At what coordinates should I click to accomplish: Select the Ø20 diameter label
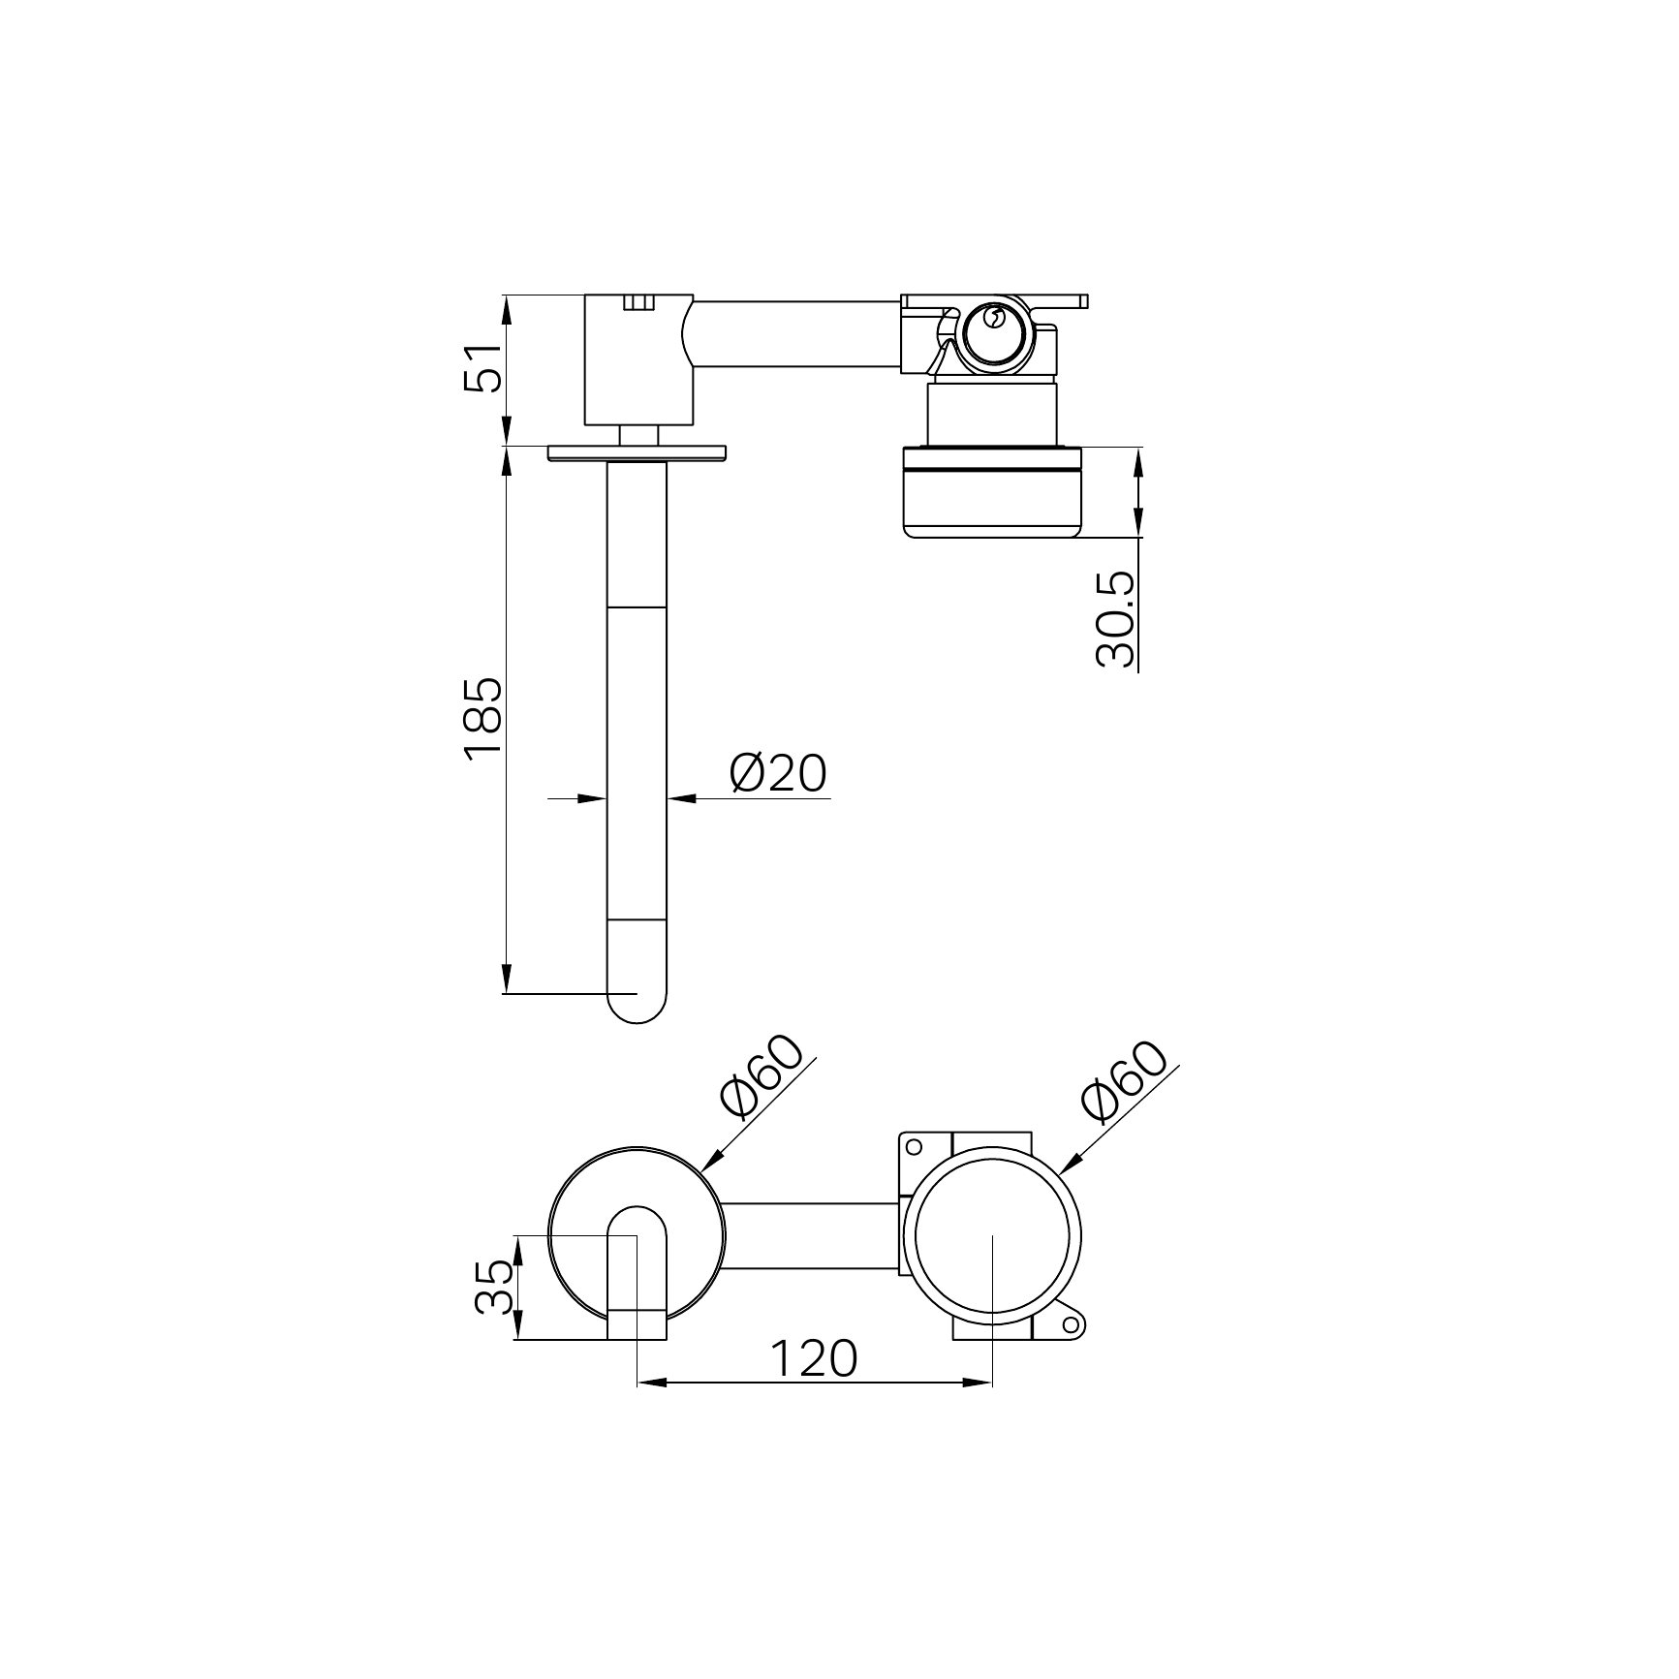[x=779, y=773]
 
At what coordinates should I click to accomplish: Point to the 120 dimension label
[x=814, y=1358]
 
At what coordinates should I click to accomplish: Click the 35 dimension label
[x=494, y=1286]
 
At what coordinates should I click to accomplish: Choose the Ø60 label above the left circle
[x=762, y=1076]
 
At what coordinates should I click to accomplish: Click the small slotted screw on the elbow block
[x=637, y=303]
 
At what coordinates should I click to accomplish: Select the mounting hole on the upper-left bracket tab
[x=912, y=1146]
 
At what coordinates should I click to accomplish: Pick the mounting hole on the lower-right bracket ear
[x=1071, y=1324]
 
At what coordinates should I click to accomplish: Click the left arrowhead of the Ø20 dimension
[x=592, y=798]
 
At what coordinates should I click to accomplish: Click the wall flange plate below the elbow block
[x=637, y=452]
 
